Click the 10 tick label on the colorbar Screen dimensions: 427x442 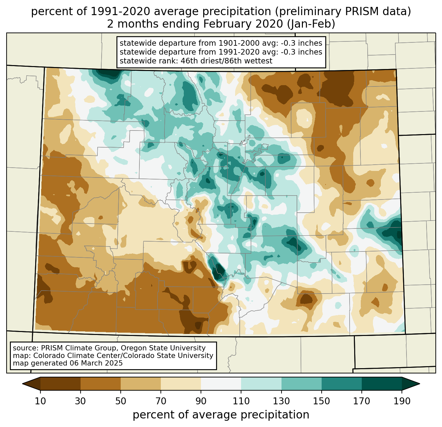[x=40, y=401]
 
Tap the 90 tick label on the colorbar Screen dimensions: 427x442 [x=201, y=401]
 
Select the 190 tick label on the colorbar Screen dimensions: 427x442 [x=402, y=401]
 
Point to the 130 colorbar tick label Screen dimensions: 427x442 [x=282, y=401]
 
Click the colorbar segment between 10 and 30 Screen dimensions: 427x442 [x=61, y=384]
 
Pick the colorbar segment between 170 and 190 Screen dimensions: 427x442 [x=382, y=384]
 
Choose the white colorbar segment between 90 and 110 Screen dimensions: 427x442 [x=221, y=384]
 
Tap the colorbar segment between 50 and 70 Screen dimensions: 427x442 [x=141, y=384]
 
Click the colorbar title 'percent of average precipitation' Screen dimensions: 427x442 [x=221, y=415]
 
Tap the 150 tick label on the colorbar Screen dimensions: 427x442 [x=322, y=401]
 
